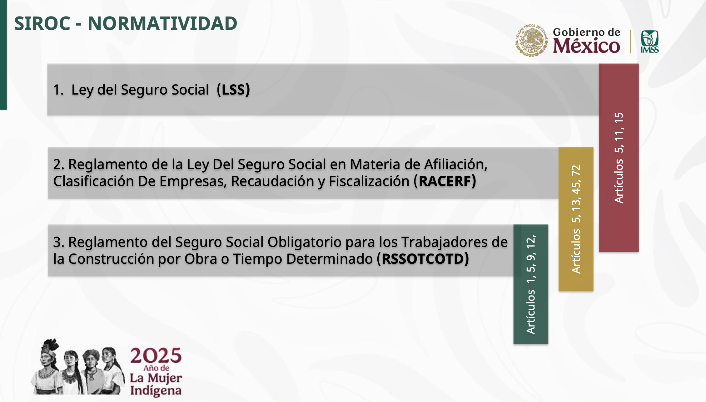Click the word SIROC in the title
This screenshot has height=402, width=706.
tap(42, 23)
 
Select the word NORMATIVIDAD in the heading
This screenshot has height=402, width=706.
tap(162, 23)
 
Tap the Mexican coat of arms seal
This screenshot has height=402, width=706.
tap(531, 41)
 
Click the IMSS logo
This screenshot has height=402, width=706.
tap(650, 42)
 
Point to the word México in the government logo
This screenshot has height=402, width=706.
tap(586, 46)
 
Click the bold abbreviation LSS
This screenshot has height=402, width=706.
tap(233, 90)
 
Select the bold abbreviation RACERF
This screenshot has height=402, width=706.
tap(445, 181)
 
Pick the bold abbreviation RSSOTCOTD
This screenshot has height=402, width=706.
tap(423, 259)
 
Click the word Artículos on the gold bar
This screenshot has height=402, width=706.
tap(576, 251)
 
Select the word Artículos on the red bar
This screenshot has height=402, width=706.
tap(619, 181)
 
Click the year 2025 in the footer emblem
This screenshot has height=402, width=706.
tap(156, 355)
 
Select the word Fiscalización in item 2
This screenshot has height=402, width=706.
tap(369, 181)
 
